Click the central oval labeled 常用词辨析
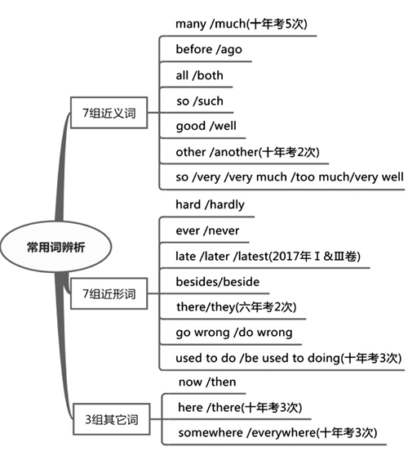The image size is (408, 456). (55, 247)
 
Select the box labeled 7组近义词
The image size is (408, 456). (109, 113)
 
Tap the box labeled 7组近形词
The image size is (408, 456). (109, 293)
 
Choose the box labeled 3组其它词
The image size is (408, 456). (112, 419)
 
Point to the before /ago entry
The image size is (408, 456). (209, 49)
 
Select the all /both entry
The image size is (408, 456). (199, 75)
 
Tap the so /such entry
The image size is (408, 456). (200, 101)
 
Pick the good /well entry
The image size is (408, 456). (206, 126)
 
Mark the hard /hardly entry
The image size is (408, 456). (210, 205)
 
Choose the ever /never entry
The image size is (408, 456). (207, 230)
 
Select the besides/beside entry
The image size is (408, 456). (218, 282)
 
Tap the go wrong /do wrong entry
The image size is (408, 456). (234, 333)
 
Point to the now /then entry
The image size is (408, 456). (207, 382)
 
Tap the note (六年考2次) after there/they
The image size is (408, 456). (266, 307)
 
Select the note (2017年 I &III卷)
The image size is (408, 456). (314, 257)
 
